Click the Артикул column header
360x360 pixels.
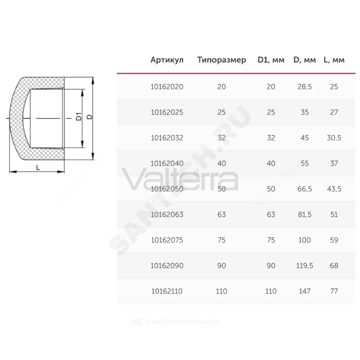click(167, 60)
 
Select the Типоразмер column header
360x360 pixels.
click(221, 60)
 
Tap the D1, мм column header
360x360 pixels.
click(271, 60)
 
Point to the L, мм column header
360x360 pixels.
click(334, 60)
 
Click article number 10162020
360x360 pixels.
click(167, 87)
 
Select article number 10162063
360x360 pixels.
click(167, 215)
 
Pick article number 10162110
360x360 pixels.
click(167, 291)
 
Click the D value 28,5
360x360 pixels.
click(305, 87)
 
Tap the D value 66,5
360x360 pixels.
click(305, 189)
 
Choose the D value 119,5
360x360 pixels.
click(305, 266)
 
